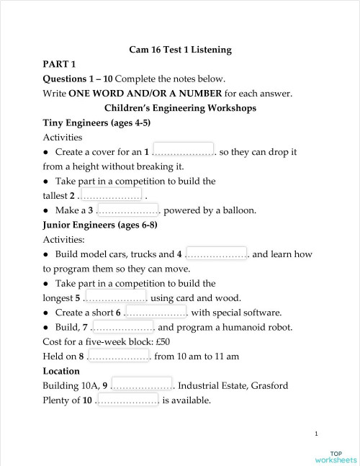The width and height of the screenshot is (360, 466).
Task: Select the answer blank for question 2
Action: tap(111, 194)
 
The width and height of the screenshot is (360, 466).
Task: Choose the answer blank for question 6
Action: tap(156, 311)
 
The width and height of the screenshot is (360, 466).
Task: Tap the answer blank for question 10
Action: tap(127, 400)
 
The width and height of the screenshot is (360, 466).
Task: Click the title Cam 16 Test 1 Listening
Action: tap(180, 50)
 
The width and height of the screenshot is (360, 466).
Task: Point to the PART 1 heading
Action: tap(60, 64)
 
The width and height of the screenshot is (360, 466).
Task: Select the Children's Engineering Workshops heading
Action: tap(180, 107)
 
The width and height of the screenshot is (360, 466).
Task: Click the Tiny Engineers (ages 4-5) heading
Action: tap(96, 122)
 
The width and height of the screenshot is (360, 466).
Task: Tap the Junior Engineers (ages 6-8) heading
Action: tap(100, 225)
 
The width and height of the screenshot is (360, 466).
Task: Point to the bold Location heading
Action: tap(61, 371)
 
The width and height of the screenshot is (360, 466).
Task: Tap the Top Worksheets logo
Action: tap(336, 456)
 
